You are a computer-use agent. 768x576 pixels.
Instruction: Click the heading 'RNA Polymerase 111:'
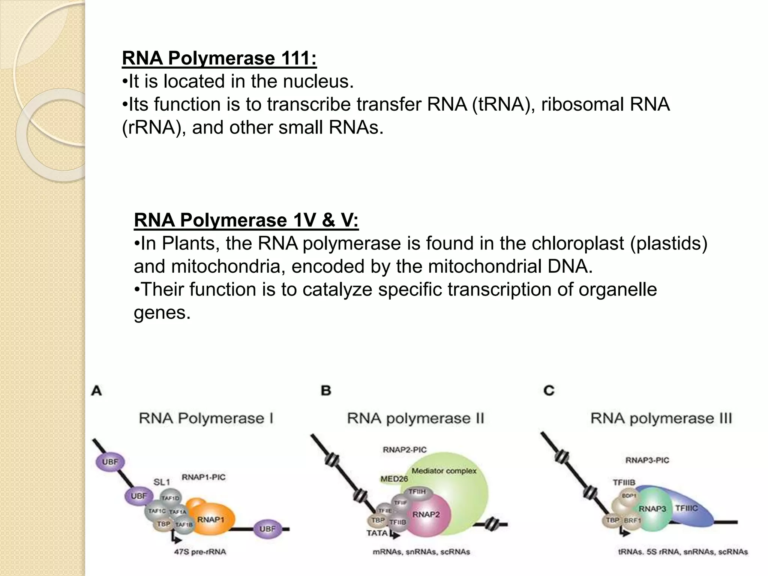pos(219,58)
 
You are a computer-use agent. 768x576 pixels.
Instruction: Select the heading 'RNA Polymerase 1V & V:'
pos(246,220)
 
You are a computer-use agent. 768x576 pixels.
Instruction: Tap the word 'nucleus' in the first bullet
pos(318,81)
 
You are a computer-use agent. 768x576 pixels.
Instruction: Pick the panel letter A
pos(96,391)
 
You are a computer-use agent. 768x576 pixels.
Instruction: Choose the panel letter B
pos(326,391)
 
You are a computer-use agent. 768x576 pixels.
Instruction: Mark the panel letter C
pos(549,391)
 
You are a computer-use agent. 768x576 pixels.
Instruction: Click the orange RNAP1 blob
pos(212,520)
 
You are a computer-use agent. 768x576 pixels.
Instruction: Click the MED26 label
pos(394,479)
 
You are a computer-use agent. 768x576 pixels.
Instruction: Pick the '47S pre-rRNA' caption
pos(200,552)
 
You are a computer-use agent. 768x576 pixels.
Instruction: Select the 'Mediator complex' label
pos(444,471)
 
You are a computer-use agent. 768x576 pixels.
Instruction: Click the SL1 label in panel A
pos(162,481)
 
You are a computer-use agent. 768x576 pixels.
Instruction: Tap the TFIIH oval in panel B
pos(416,492)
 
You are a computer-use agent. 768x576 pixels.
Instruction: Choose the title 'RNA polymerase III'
pos(661,418)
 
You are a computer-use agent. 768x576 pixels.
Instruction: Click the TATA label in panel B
pos(377,533)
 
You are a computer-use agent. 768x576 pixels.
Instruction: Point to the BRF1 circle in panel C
pos(632,520)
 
